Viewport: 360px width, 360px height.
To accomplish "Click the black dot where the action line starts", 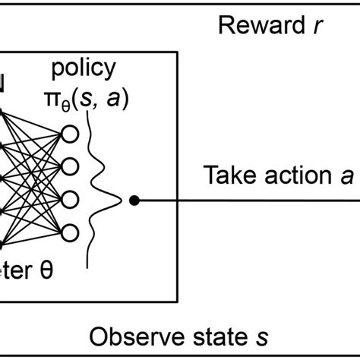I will (x=134, y=201).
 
